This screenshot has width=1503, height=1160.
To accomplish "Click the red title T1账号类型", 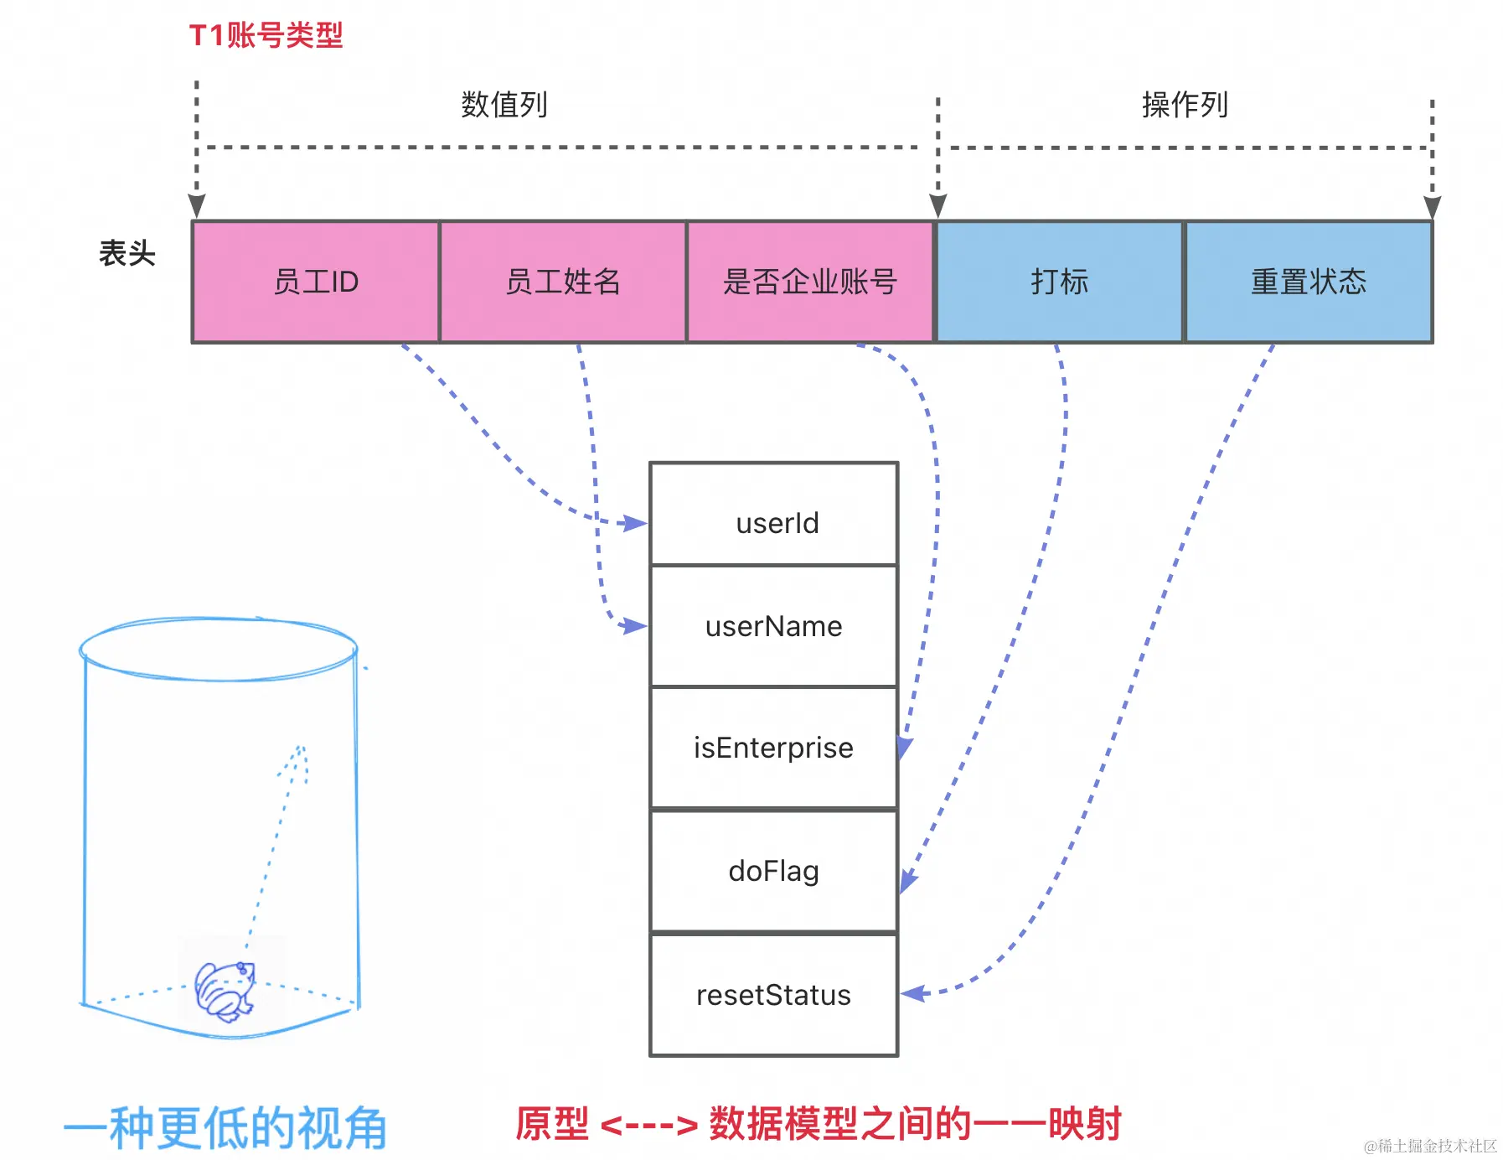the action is [266, 35].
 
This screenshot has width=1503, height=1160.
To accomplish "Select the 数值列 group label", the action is [504, 105].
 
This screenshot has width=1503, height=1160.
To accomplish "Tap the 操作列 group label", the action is [1185, 105].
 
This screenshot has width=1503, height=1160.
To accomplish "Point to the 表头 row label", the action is [127, 252].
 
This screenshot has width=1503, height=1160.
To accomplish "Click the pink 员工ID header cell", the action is [316, 282].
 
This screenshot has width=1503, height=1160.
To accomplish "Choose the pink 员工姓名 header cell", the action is [563, 282].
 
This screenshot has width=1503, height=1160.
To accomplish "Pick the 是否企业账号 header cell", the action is [810, 282].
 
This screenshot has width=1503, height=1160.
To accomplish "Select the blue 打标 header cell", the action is [1059, 282].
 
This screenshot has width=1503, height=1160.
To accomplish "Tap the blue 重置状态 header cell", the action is [1309, 282].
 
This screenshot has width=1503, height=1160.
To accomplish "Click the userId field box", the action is [774, 514].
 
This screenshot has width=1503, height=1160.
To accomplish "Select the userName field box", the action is [774, 626].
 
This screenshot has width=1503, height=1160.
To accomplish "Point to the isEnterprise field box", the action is [774, 748].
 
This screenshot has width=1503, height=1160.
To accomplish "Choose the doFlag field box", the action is [774, 871].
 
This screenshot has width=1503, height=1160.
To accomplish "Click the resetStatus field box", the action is [774, 995].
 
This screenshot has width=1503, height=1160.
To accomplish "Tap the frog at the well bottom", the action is [225, 991].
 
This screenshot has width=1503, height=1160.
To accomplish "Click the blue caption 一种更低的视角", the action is [225, 1128].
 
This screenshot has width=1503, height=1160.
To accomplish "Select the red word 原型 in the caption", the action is [552, 1124].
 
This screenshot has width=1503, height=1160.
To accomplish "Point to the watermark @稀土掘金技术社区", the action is [1430, 1146].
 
